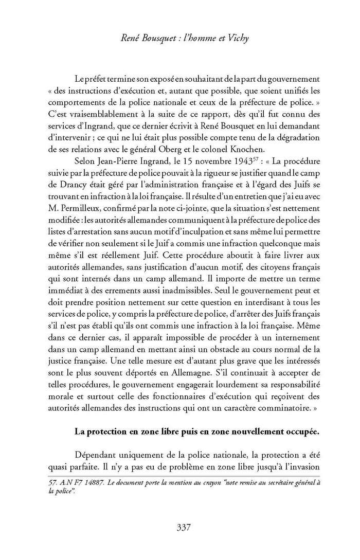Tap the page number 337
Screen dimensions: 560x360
coord(184,527)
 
